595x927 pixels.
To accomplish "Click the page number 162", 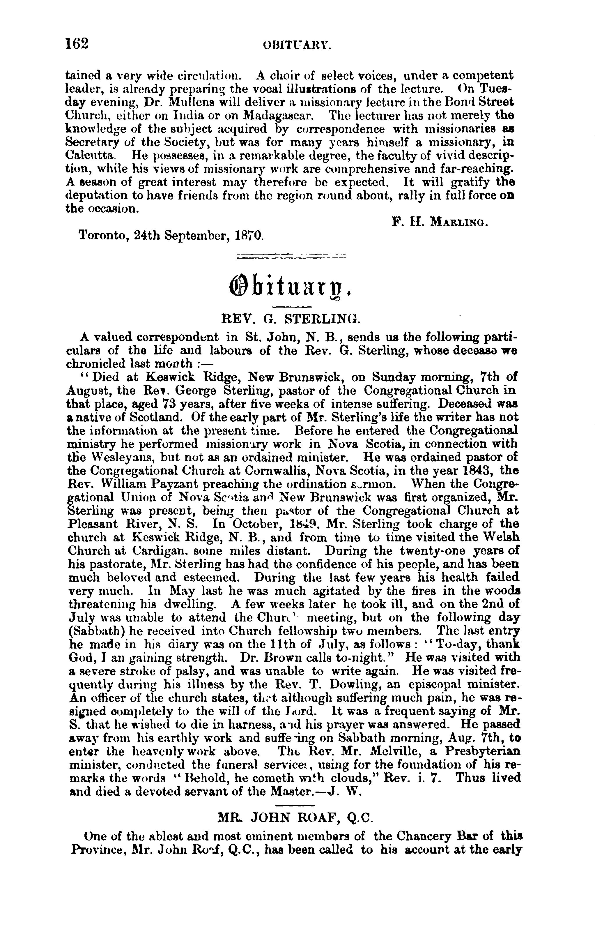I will [x=77, y=44].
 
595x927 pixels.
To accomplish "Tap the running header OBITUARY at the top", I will [x=297, y=46].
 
